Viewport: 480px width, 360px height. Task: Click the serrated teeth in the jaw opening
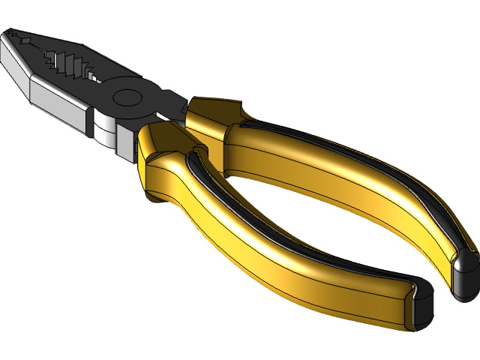tap(71, 64)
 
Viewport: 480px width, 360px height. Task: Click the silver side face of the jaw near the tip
tap(15, 64)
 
